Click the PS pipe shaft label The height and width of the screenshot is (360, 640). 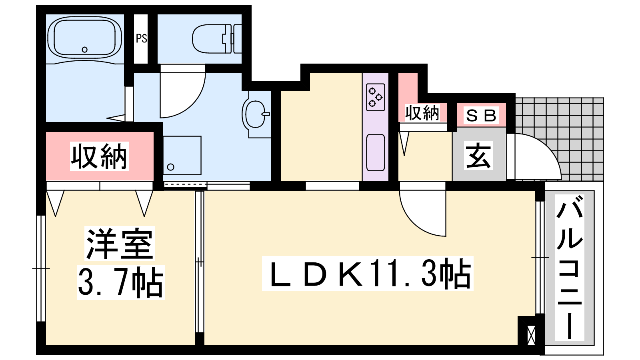pos(141,38)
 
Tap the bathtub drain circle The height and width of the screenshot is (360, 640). pos(84,50)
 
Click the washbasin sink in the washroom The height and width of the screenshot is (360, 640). pos(256,114)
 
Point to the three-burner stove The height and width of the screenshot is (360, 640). pos(376,97)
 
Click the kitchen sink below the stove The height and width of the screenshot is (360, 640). pos(376,152)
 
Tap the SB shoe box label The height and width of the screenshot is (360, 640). pos(481,116)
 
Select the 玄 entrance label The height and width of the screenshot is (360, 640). pos(478,156)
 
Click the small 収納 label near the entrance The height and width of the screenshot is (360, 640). pos(422,113)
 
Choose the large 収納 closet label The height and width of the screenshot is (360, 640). pos(99,156)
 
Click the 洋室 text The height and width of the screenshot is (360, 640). pos(120,244)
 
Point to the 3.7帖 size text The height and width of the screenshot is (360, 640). pos(121,282)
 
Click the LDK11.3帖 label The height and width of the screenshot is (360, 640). pos(368,274)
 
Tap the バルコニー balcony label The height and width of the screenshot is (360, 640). pos(570,268)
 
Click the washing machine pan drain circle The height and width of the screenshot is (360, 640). pos(170,167)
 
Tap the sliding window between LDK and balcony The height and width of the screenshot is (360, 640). pos(540,258)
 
